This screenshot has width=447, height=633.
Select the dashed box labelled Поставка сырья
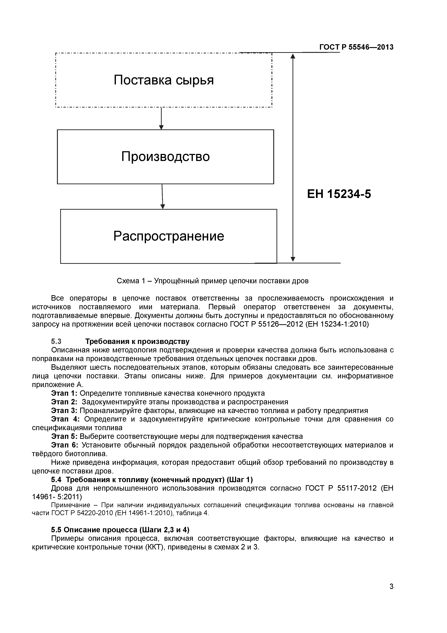point(164,80)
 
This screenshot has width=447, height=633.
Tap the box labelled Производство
point(165,157)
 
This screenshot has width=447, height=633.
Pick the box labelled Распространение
point(169,236)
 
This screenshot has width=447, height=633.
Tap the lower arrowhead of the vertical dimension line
point(293,259)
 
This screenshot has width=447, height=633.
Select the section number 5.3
point(56,342)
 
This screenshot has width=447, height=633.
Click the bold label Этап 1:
point(64,393)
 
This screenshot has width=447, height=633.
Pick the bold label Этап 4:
point(65,419)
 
